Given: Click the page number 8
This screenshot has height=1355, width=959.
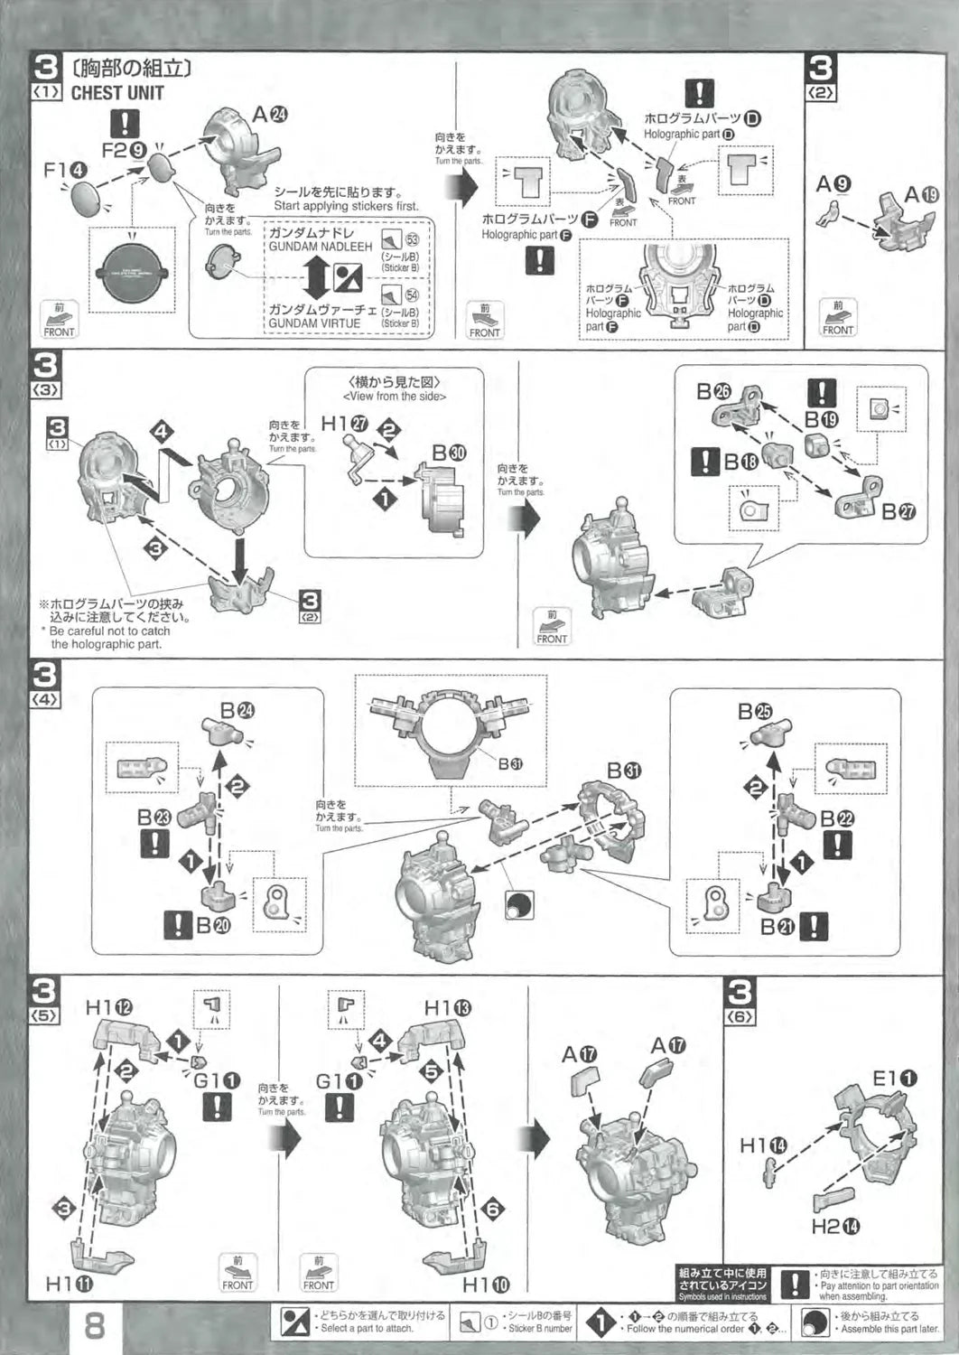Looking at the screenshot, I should click(x=94, y=1326).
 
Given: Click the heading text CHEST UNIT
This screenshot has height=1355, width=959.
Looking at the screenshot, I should click(x=117, y=92).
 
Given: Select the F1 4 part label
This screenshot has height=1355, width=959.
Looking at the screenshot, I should click(x=66, y=170).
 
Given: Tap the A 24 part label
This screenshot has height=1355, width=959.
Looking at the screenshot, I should click(x=270, y=115).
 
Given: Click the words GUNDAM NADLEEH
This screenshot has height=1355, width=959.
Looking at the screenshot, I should click(x=320, y=247).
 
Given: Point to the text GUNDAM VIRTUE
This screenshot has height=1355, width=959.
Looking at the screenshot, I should click(x=313, y=323).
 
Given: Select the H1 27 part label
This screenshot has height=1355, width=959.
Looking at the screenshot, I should click(x=346, y=424).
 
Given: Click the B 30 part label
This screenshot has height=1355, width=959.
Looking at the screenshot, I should click(x=449, y=453).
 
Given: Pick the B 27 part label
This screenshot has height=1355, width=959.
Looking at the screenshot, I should click(x=898, y=511).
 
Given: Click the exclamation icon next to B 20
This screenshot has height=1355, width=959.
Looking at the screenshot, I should click(x=178, y=925).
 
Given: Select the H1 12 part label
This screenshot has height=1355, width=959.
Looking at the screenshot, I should click(x=109, y=1007).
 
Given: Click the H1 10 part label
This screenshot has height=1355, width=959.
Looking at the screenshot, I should click(x=486, y=1284).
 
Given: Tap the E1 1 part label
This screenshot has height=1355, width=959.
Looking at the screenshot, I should click(x=894, y=1078).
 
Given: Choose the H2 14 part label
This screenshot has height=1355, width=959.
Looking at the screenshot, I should click(x=835, y=1226).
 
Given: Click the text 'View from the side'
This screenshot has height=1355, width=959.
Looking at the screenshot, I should click(x=394, y=397).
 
